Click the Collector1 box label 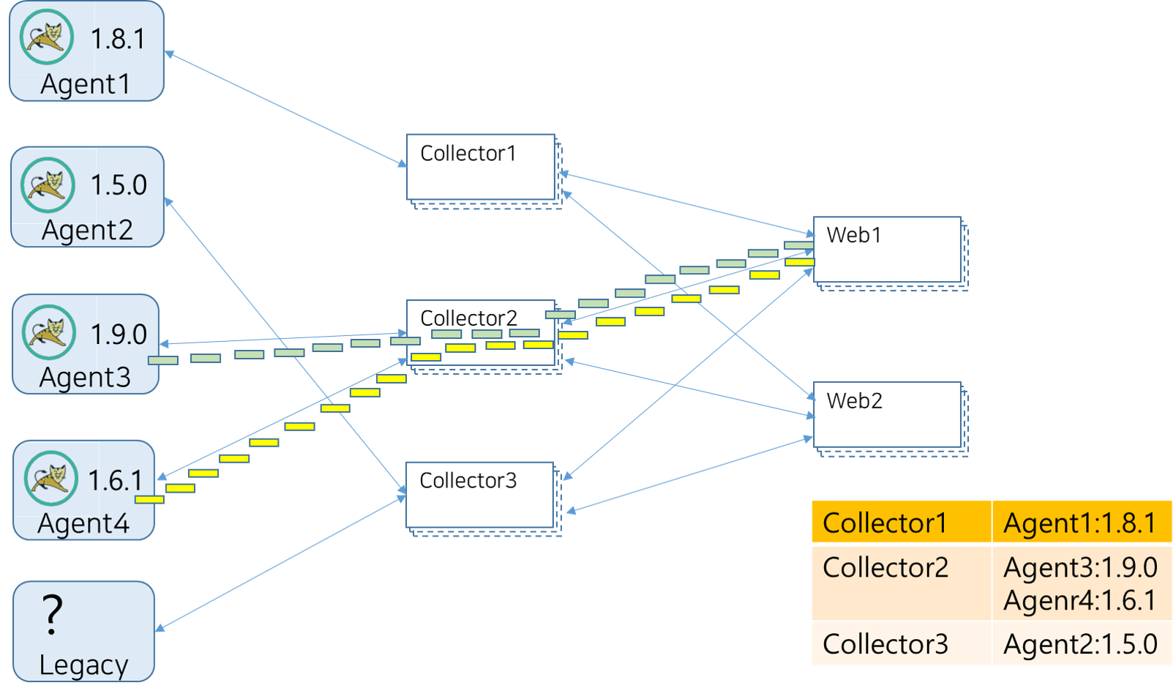coord(468,154)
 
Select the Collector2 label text coord(468,318)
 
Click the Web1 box coord(886,250)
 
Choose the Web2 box coord(886,414)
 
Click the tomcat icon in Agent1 coord(47,37)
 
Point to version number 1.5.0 coord(119,185)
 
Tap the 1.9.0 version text coord(119,334)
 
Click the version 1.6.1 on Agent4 coord(116,481)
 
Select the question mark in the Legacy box coord(52,614)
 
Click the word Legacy coord(83,665)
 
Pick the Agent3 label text coord(85,378)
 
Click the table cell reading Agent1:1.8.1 coord(1080,523)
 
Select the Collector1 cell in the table coord(885,523)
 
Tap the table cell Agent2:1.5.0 coord(1080,644)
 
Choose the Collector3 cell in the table coord(885,644)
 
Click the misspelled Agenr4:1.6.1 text coord(1080,601)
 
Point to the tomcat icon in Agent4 coord(50,478)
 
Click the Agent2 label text coord(87,231)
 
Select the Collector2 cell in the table coord(885,568)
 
